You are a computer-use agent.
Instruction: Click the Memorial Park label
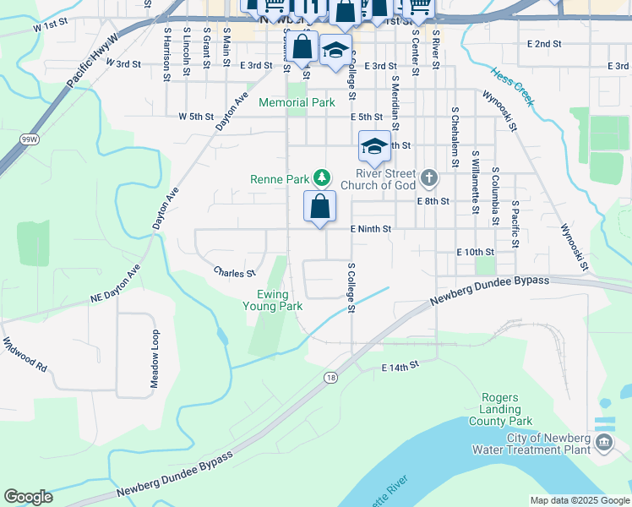coord(297,102)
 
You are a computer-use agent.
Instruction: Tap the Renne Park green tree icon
coord(321,177)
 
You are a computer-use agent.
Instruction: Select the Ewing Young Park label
coord(279,300)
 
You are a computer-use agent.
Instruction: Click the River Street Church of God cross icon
coord(429,177)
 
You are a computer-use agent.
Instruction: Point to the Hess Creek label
coord(512,88)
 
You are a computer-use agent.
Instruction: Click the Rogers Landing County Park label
coord(506,409)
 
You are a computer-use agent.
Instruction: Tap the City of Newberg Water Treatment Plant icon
coord(604,442)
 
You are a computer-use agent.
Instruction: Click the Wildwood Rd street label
coord(25,356)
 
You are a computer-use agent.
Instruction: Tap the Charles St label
coord(234,273)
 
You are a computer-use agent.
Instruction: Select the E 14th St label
coord(400,367)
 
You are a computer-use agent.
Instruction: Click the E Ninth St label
coord(371,229)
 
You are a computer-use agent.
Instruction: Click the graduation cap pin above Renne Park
coord(374,146)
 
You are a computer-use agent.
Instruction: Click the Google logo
coord(28,497)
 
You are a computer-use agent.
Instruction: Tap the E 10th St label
coord(474,252)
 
